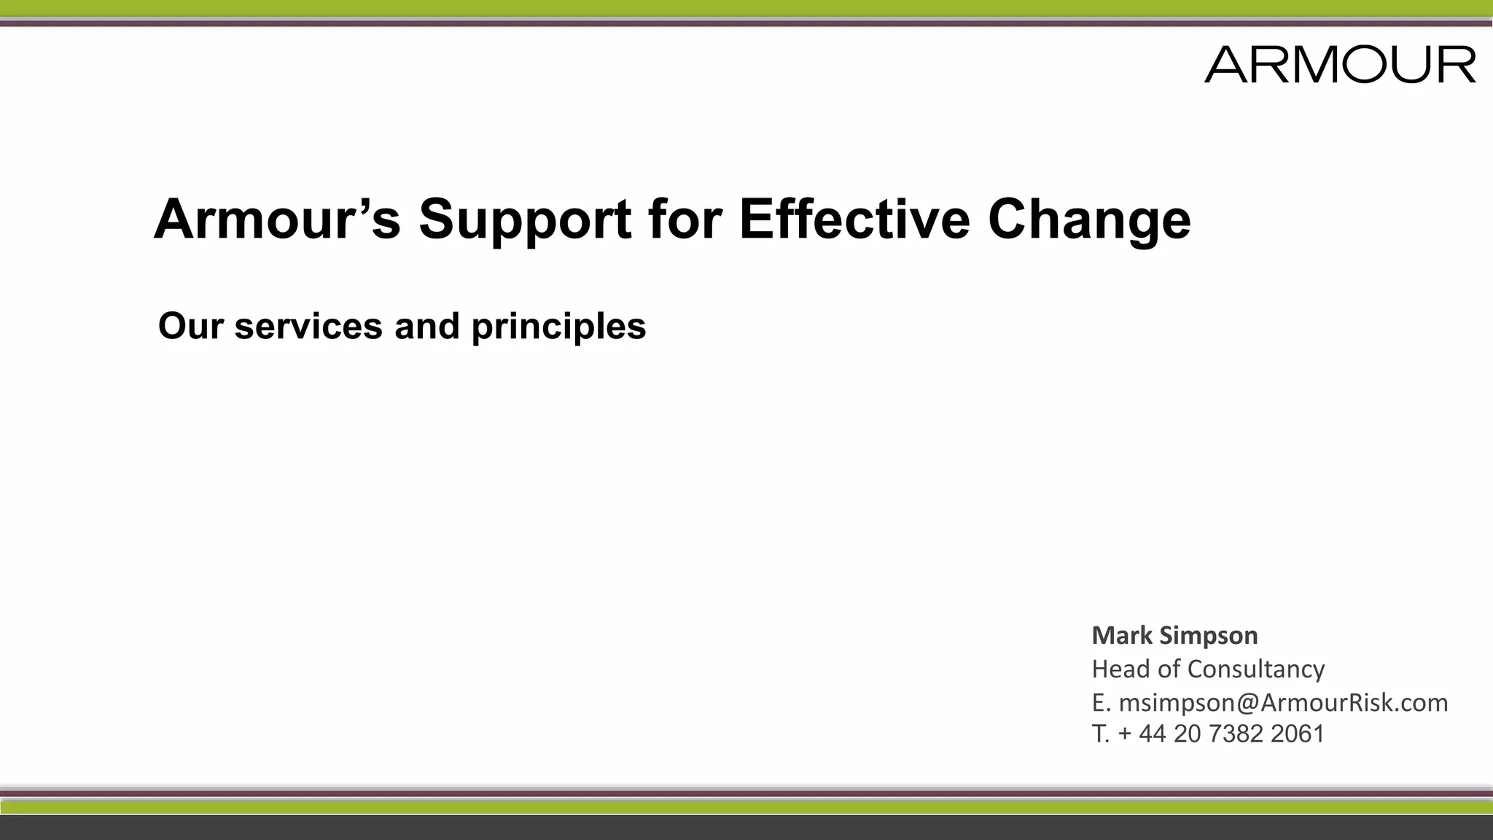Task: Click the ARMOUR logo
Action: [x=1340, y=64]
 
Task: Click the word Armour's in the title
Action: [x=277, y=219]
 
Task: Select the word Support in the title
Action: [x=525, y=219]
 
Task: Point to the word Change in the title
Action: [x=1089, y=219]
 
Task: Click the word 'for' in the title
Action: [x=685, y=219]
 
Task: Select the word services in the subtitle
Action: [x=308, y=326]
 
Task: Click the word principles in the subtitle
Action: [x=558, y=326]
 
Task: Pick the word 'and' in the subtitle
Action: [x=427, y=326]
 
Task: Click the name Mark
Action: [x=1121, y=635]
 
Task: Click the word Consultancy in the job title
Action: [x=1256, y=669]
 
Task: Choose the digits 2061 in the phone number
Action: [x=1297, y=734]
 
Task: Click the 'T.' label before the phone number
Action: [x=1100, y=734]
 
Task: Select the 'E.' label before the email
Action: [x=1101, y=702]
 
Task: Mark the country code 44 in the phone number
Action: [x=1153, y=734]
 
